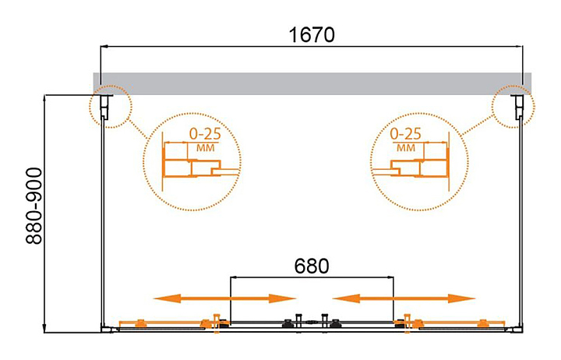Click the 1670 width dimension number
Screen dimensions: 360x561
coord(310,36)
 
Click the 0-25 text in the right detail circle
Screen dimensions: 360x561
coord(407,133)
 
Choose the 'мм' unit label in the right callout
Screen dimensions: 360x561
coord(405,147)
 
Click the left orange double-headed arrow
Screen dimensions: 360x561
coord(224,298)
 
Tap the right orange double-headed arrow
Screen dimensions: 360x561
coord(404,298)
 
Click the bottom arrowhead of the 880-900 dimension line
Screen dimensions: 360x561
coord(46,326)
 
